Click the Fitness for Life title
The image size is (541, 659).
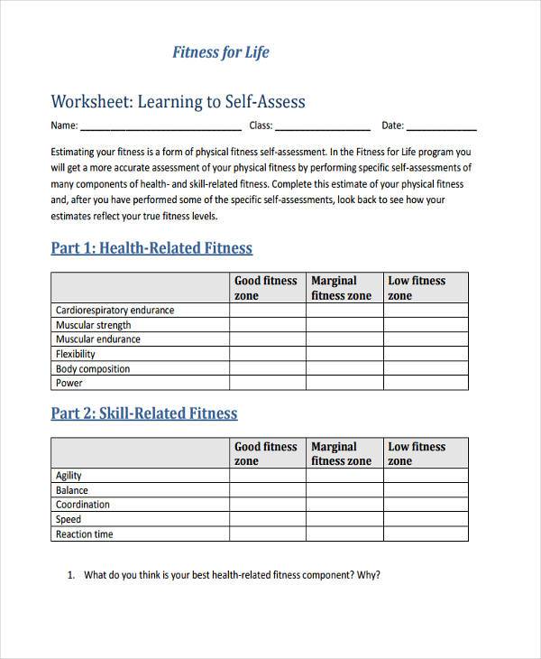coord(220,52)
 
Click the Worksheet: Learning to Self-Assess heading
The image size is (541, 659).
coord(178,101)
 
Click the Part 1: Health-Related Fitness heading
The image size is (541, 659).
coord(151,248)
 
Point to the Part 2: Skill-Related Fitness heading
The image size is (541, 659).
coord(144,413)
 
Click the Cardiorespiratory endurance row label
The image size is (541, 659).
coord(115,311)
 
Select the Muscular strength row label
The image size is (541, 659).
coord(93,325)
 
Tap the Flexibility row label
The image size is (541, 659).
coord(76,354)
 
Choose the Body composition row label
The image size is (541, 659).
coord(92,368)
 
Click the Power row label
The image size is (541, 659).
coord(69,383)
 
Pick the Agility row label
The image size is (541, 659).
coord(69,476)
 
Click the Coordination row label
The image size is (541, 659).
coord(82,505)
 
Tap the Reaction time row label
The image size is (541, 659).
coord(84,534)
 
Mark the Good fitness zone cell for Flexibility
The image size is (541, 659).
coord(268,354)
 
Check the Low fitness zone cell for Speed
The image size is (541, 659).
coord(426,519)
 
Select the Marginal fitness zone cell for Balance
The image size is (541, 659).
coord(344,490)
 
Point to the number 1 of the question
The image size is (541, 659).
coord(71,575)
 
